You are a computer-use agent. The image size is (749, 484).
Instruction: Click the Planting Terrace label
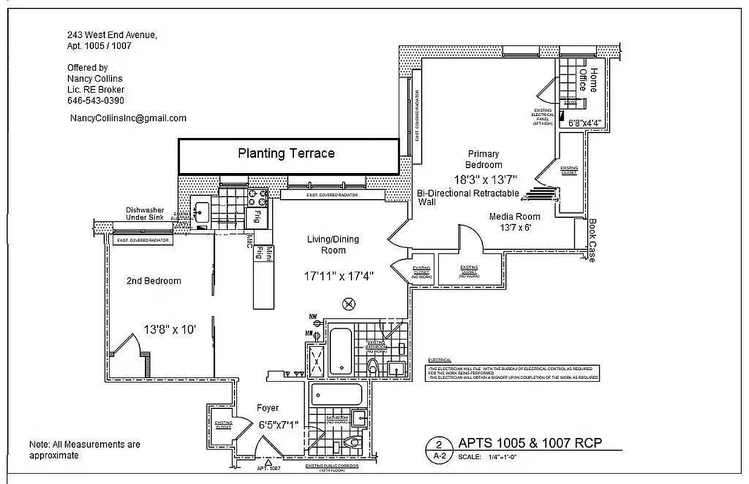pyautogui.click(x=286, y=154)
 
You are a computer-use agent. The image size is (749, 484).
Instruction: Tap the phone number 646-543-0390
pyautogui.click(x=96, y=100)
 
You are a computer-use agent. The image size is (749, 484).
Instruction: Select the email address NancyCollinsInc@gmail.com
pyautogui.click(x=128, y=118)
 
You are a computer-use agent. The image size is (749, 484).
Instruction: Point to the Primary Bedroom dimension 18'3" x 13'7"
pyautogui.click(x=486, y=180)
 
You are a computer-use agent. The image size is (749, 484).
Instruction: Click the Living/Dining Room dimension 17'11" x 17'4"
pyautogui.click(x=339, y=276)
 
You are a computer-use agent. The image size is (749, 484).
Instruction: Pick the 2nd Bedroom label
pyautogui.click(x=153, y=281)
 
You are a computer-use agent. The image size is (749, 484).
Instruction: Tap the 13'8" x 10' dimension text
pyautogui.click(x=170, y=330)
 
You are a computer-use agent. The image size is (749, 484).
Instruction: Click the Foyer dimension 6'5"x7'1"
pyautogui.click(x=278, y=425)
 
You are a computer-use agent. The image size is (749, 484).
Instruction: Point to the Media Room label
pyautogui.click(x=514, y=216)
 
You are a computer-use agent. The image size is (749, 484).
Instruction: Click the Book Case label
pyautogui.click(x=591, y=240)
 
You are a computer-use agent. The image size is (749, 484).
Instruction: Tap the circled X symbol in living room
pyautogui.click(x=349, y=304)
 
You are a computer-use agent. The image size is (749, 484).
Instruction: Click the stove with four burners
pyautogui.click(x=258, y=197)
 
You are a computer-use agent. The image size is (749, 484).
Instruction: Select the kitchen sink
pyautogui.click(x=200, y=212)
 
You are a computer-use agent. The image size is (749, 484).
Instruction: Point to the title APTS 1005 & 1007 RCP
pyautogui.click(x=530, y=443)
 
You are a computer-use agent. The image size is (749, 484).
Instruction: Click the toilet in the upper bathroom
pyautogui.click(x=374, y=365)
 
